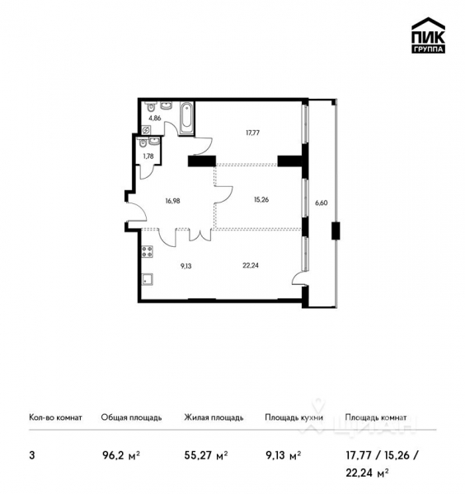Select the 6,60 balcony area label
point(322,201)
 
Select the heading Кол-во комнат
point(55,418)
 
